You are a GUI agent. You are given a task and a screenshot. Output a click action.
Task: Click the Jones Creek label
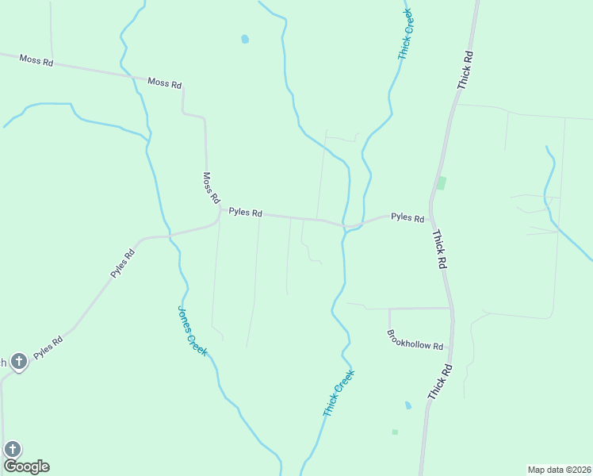click(192, 331)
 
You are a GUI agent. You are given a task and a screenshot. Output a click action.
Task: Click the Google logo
click(26, 466)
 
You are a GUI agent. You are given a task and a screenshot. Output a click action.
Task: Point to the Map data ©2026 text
click(559, 470)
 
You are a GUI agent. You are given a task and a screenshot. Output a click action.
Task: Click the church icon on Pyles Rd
click(19, 362)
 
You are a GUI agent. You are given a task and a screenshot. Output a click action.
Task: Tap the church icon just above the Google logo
click(13, 450)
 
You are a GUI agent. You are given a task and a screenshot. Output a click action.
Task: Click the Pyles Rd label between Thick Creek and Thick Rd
click(407, 217)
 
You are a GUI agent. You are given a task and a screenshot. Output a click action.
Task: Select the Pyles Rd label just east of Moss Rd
click(245, 213)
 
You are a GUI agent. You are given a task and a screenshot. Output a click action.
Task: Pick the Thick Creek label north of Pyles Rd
click(406, 35)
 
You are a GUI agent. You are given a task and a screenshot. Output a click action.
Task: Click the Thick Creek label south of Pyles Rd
click(339, 393)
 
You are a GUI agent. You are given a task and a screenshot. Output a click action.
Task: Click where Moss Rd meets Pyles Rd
click(220, 210)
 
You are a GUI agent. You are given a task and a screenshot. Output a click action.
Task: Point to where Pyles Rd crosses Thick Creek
click(346, 227)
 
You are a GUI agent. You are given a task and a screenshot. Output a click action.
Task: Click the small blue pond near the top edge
click(245, 38)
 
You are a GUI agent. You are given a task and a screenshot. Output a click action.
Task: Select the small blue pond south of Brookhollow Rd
click(408, 405)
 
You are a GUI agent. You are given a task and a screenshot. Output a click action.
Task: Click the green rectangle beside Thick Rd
click(442, 183)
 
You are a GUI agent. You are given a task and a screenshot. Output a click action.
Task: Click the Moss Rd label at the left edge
click(36, 60)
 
